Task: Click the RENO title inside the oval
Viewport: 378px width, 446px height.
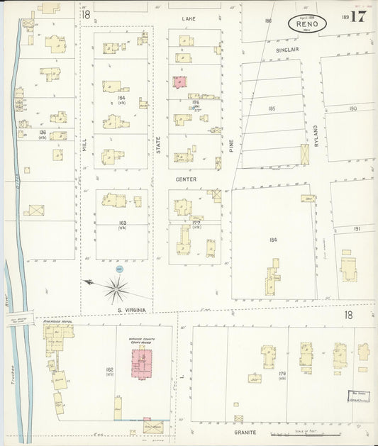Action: point(308,23)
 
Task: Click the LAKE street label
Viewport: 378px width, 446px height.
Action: point(188,17)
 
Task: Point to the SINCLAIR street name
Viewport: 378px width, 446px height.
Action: point(287,51)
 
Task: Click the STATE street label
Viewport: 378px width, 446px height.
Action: point(159,145)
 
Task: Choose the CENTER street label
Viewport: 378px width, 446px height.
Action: point(186,179)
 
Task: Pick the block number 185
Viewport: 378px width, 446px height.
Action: point(272,108)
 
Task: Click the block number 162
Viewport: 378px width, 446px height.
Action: point(109,369)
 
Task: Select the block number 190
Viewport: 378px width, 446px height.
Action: point(353,108)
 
